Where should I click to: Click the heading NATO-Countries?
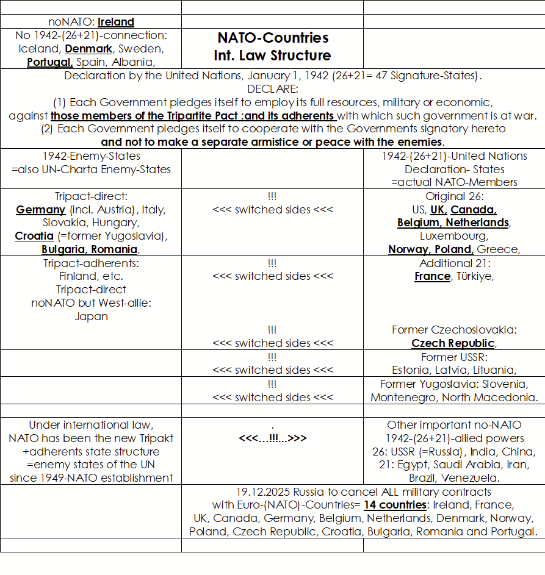tap(273, 38)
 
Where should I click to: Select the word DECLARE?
tap(272, 89)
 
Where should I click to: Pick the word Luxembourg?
tap(453, 235)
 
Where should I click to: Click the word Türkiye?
tap(474, 276)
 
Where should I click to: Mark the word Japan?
tap(92, 316)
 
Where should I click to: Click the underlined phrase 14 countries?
tap(395, 505)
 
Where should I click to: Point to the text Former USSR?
tap(454, 357)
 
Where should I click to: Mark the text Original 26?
tap(454, 196)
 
